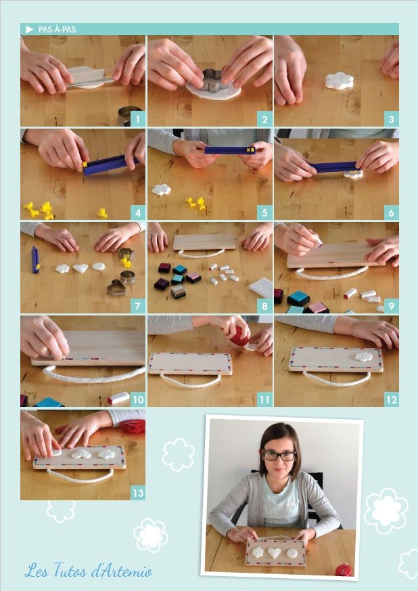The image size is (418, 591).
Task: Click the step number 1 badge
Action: (x=138, y=119)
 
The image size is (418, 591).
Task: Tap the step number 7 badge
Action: (x=138, y=306)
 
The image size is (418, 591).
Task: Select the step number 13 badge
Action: (x=138, y=493)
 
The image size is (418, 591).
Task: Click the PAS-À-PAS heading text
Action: (x=57, y=29)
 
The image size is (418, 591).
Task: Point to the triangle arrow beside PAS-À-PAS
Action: (x=29, y=29)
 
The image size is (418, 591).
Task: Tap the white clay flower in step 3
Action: (x=340, y=81)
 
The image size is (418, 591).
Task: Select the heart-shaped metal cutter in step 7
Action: (x=116, y=288)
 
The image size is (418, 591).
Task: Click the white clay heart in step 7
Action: (x=80, y=268)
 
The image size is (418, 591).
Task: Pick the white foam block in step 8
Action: (x=261, y=288)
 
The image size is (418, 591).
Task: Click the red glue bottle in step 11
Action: (x=239, y=336)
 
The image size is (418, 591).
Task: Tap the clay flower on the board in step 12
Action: (x=364, y=357)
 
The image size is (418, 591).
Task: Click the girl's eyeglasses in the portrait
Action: (x=279, y=456)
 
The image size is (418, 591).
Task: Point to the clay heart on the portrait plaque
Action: (x=274, y=552)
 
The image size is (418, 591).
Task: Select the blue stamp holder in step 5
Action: (x=230, y=150)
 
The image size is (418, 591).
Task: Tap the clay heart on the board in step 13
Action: (x=81, y=454)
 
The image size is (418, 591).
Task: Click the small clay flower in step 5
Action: (x=162, y=190)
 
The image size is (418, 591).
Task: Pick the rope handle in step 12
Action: (x=336, y=381)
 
